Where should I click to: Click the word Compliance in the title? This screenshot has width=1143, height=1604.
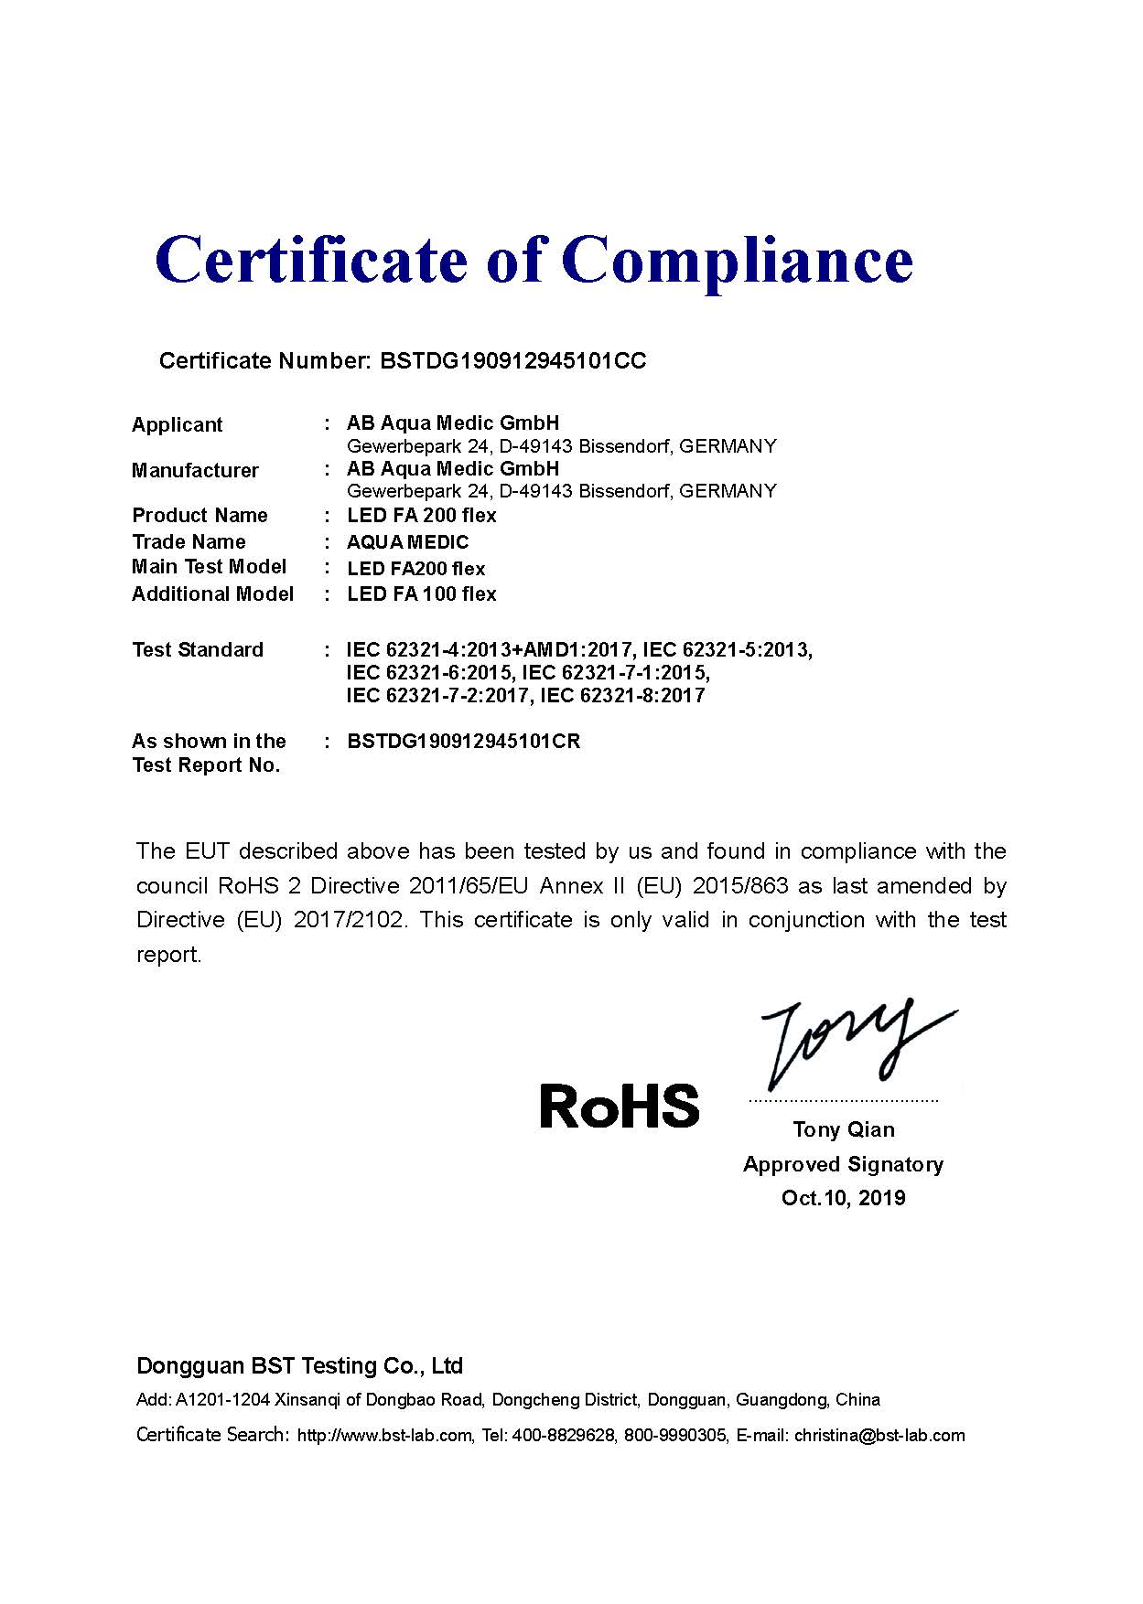pyautogui.click(x=742, y=261)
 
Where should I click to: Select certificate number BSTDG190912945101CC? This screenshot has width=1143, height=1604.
pyautogui.click(x=512, y=361)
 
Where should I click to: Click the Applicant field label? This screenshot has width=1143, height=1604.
pyautogui.click(x=177, y=424)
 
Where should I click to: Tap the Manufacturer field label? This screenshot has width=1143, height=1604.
pyautogui.click(x=195, y=470)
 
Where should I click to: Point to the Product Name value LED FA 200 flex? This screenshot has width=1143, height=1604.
pyautogui.click(x=421, y=516)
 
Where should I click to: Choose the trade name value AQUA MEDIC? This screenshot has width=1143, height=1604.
pyautogui.click(x=407, y=542)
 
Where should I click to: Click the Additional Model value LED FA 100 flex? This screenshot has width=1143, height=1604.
pyautogui.click(x=421, y=594)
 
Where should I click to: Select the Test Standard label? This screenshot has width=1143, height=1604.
pyautogui.click(x=197, y=650)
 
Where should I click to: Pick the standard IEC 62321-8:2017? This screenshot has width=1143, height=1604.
pyautogui.click(x=622, y=696)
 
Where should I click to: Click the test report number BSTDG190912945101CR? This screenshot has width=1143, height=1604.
pyautogui.click(x=463, y=742)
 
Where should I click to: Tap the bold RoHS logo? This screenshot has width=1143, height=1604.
pyautogui.click(x=620, y=1106)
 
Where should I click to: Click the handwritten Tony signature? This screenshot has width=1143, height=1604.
pyautogui.click(x=846, y=1043)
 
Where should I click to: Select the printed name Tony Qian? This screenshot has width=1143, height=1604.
pyautogui.click(x=844, y=1130)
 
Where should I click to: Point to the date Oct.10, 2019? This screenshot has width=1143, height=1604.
pyautogui.click(x=843, y=1198)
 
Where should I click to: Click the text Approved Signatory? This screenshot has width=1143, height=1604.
pyautogui.click(x=843, y=1164)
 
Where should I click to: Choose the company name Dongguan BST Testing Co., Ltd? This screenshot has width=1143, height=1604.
pyautogui.click(x=299, y=1366)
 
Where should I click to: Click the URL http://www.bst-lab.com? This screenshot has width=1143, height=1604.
pyautogui.click(x=385, y=1436)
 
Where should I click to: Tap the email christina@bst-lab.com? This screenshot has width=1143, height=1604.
pyautogui.click(x=879, y=1436)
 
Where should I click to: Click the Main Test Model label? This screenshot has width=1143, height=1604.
pyautogui.click(x=209, y=567)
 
